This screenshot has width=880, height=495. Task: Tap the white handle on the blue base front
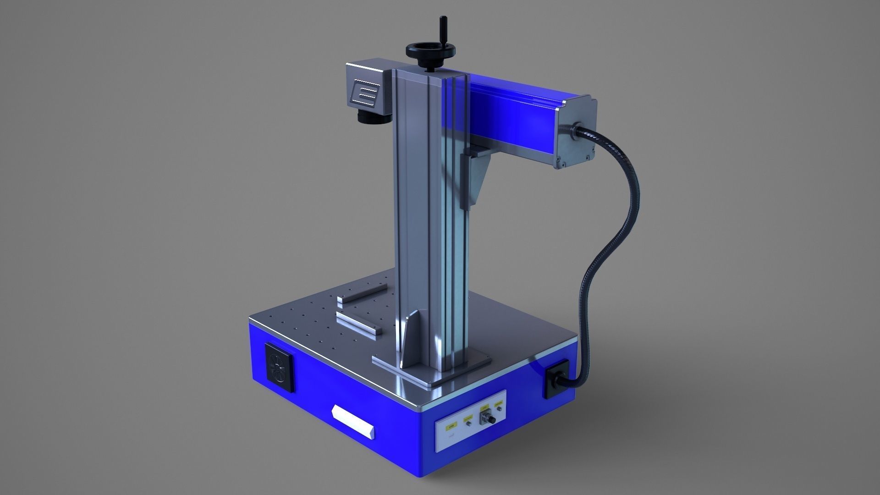click(x=353, y=420)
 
